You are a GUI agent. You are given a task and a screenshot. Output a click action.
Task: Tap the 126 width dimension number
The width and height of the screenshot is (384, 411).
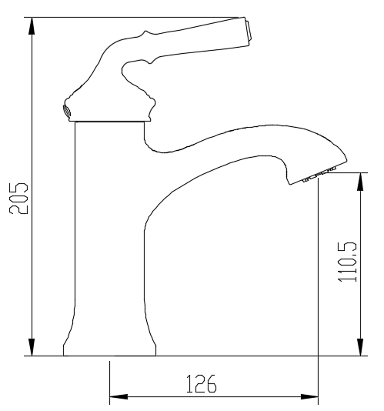202,383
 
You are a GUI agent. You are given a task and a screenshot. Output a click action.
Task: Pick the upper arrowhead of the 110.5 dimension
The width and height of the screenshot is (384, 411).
360,182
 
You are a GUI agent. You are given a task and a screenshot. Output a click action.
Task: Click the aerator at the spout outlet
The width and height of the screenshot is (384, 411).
316,178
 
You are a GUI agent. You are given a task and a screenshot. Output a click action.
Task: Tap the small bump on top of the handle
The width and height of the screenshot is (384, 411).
142,33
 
